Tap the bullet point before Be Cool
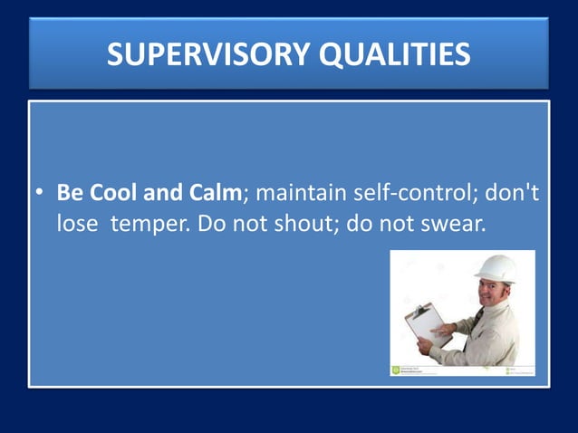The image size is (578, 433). [40, 194]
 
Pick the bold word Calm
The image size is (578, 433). [215, 193]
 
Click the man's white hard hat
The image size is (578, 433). [496, 269]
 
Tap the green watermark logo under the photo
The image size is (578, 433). [396, 370]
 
